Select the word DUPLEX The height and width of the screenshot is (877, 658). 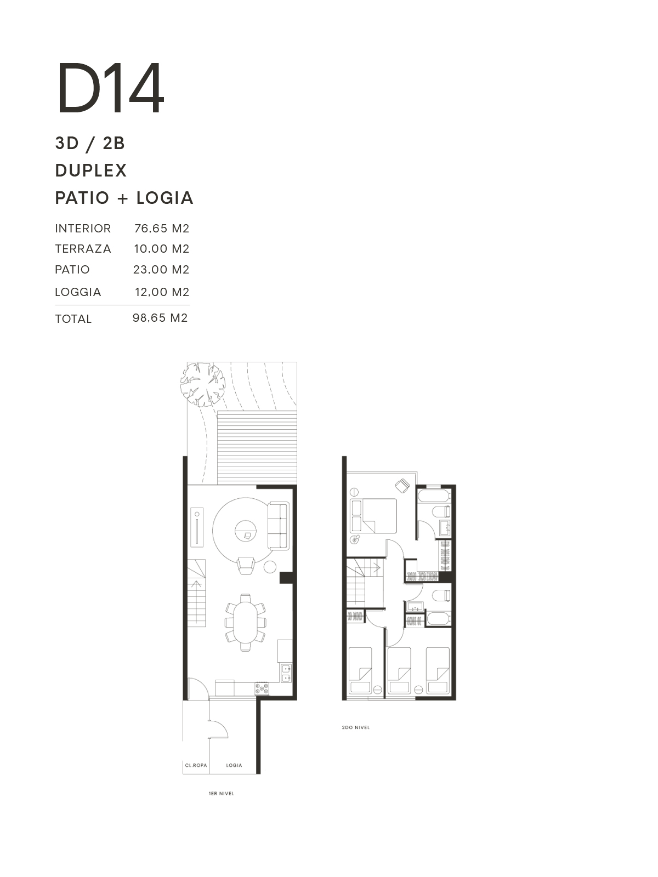91,170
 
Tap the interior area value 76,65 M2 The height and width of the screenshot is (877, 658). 161,229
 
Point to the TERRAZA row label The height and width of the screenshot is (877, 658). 83,249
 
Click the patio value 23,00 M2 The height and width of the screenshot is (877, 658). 161,270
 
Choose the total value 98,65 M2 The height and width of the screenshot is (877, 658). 160,317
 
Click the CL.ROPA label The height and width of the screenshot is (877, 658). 196,765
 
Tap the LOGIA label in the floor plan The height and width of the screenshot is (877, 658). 234,765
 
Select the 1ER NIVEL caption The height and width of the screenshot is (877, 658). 222,793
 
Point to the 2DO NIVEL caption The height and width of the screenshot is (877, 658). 355,727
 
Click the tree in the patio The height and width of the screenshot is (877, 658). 202,384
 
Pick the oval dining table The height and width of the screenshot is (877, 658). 246,623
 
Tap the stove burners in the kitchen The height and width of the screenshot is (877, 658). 262,688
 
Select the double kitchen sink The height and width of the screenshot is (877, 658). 286,673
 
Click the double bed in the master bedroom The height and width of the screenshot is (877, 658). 373,515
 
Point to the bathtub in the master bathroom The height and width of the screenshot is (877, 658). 434,496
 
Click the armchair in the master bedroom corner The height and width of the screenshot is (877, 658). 402,485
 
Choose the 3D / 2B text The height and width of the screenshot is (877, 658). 90,143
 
